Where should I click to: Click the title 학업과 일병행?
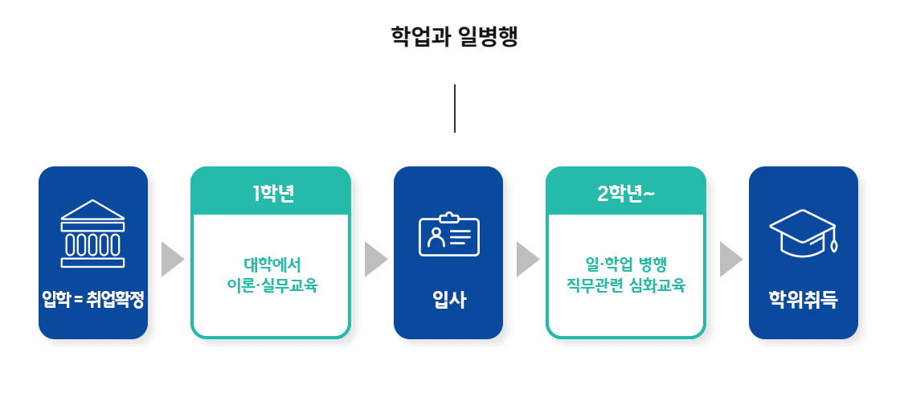coord(454,37)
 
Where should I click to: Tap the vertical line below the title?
coord(455,108)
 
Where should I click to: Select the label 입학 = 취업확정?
coord(93,300)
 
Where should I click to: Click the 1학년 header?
coord(271,194)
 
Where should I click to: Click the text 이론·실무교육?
coord(272,285)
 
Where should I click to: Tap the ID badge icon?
coord(448,235)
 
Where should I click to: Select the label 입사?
coord(448,300)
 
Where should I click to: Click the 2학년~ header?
coord(626,194)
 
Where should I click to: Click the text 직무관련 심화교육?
coord(626,285)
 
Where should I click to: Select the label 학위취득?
coord(803,300)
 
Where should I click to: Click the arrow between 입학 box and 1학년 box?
coord(171,259)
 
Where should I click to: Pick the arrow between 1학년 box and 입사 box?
coord(374,259)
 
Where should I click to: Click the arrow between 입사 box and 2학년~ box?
coord(526,259)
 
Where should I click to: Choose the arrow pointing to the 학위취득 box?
coord(730,259)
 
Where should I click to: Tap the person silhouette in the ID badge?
coord(436,237)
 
